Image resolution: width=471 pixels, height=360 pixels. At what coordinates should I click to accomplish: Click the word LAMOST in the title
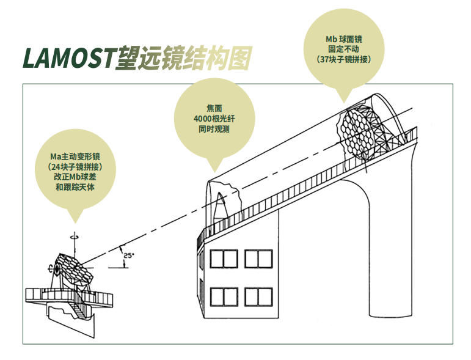pos(68,57)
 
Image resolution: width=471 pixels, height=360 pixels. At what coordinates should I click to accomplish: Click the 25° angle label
pos(129,255)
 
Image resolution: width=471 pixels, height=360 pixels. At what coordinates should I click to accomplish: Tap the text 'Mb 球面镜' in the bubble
pos(344,39)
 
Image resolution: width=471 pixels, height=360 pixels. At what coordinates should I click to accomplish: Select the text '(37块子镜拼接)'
pos(344,59)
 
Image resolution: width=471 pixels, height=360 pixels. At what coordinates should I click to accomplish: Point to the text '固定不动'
pos(344,50)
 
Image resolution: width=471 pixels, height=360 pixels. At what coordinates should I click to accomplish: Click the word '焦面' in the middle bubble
pos(214,108)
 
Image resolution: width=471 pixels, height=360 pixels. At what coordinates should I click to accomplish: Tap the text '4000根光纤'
pos(214,119)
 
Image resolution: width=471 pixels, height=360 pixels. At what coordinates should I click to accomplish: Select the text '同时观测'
pos(214,129)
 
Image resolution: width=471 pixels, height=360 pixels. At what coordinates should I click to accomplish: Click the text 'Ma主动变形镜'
pos(75,156)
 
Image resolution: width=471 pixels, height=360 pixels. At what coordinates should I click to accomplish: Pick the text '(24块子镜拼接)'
pos(75,167)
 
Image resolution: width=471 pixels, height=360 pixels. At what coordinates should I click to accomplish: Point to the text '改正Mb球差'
pos(75,177)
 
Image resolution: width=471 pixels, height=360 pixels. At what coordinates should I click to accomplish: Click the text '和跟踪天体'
pos(75,187)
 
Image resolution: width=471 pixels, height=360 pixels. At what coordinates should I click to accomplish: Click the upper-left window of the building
pos(224,259)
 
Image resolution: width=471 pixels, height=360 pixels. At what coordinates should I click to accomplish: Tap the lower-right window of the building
pos(258,297)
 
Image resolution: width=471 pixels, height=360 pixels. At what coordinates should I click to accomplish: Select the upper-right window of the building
pos(258,259)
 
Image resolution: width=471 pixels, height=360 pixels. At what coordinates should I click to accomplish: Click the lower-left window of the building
pos(224,297)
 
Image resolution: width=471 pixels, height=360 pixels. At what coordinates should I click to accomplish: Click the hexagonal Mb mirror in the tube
pos(356,132)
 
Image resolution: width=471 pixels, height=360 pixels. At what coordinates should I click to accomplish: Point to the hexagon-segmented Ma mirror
pos(75,268)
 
